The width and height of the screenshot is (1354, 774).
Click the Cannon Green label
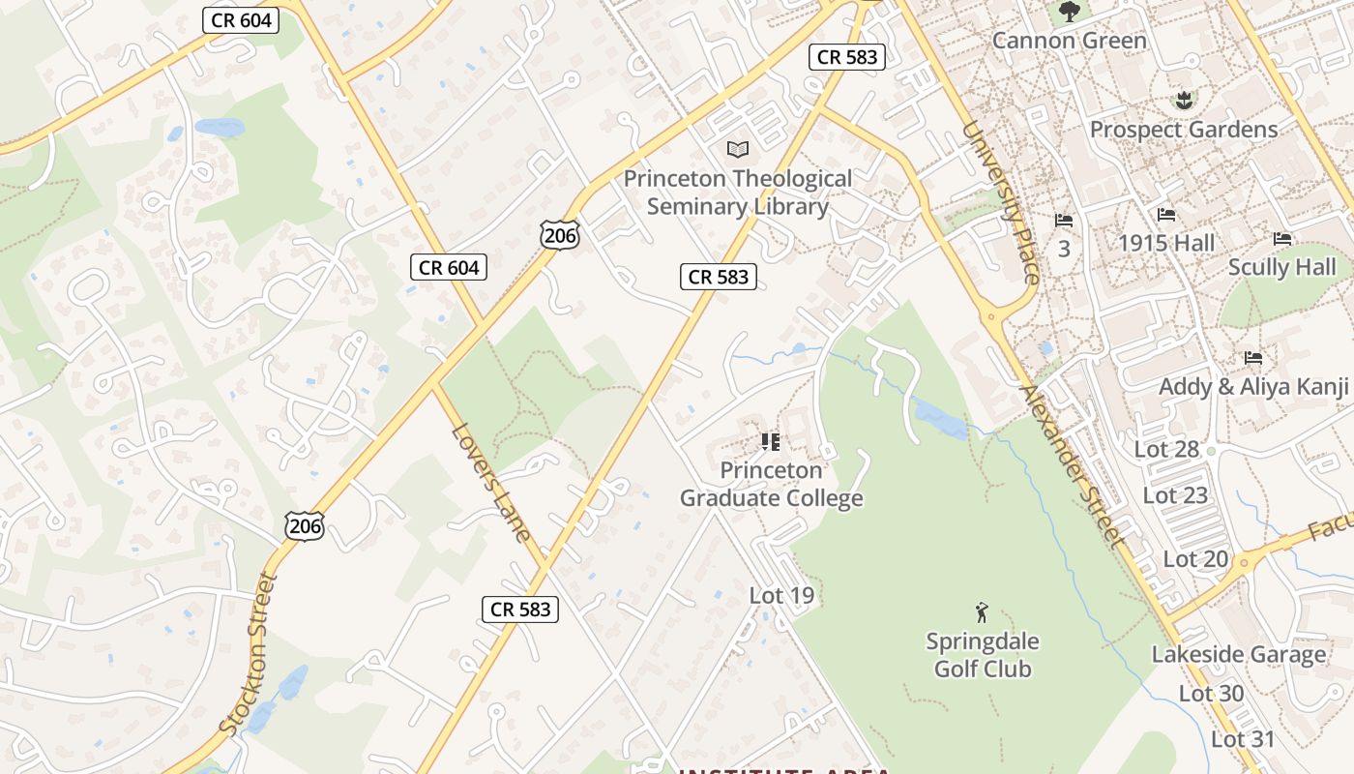[x=1069, y=41]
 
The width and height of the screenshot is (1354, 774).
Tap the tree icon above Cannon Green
[x=1069, y=12]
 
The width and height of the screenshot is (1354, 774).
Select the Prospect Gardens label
[x=1183, y=130]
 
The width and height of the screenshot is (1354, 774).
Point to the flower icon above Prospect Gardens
[x=1182, y=100]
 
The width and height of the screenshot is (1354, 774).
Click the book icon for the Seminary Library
[x=738, y=149]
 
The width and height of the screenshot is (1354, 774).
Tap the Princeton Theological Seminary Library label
[x=738, y=193]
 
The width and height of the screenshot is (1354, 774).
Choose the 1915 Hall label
[x=1166, y=243]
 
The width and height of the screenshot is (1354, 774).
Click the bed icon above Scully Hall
[x=1282, y=238]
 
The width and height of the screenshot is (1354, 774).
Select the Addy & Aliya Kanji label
[x=1253, y=387]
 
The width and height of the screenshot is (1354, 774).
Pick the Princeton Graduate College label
[x=771, y=485]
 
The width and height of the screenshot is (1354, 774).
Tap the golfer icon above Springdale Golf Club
[x=983, y=612]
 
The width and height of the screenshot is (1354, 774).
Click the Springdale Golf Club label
[x=983, y=655]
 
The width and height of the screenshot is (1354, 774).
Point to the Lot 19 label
[x=781, y=596]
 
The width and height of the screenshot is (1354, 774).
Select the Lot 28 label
[x=1166, y=449]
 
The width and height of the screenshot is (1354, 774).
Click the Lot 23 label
[x=1175, y=495]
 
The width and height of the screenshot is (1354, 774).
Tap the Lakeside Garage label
[x=1238, y=655]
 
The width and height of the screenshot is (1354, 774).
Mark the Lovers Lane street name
[x=491, y=483]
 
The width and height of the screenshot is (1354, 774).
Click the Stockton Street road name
[x=248, y=654]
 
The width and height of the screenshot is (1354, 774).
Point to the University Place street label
[x=1001, y=203]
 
